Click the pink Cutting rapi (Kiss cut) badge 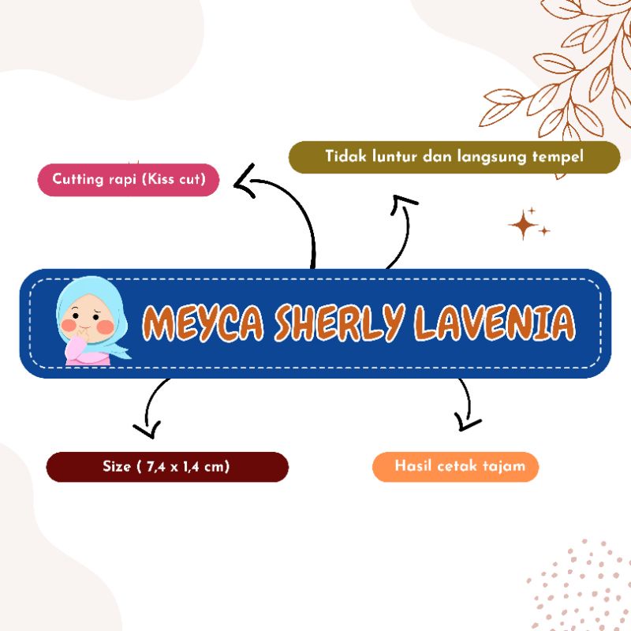point(128,180)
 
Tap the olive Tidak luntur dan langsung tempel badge point(455,157)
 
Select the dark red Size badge point(166,466)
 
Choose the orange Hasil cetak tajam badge point(455,466)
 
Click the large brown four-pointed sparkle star point(524,224)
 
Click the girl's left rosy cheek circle point(69,323)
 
